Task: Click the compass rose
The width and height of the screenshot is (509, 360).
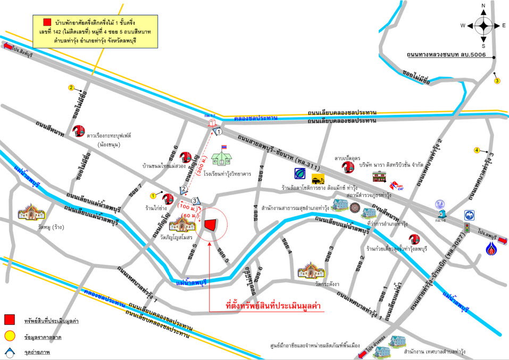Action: point(483,25)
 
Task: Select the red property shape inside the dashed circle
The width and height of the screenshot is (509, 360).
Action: point(211,227)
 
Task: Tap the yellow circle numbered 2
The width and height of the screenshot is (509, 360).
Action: point(71,87)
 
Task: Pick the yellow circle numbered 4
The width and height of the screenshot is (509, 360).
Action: point(477,150)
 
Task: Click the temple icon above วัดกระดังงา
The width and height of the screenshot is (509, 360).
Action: point(311,270)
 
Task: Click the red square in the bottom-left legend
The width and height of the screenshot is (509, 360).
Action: point(9,320)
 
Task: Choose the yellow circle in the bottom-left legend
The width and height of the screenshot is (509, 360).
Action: point(9,336)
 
